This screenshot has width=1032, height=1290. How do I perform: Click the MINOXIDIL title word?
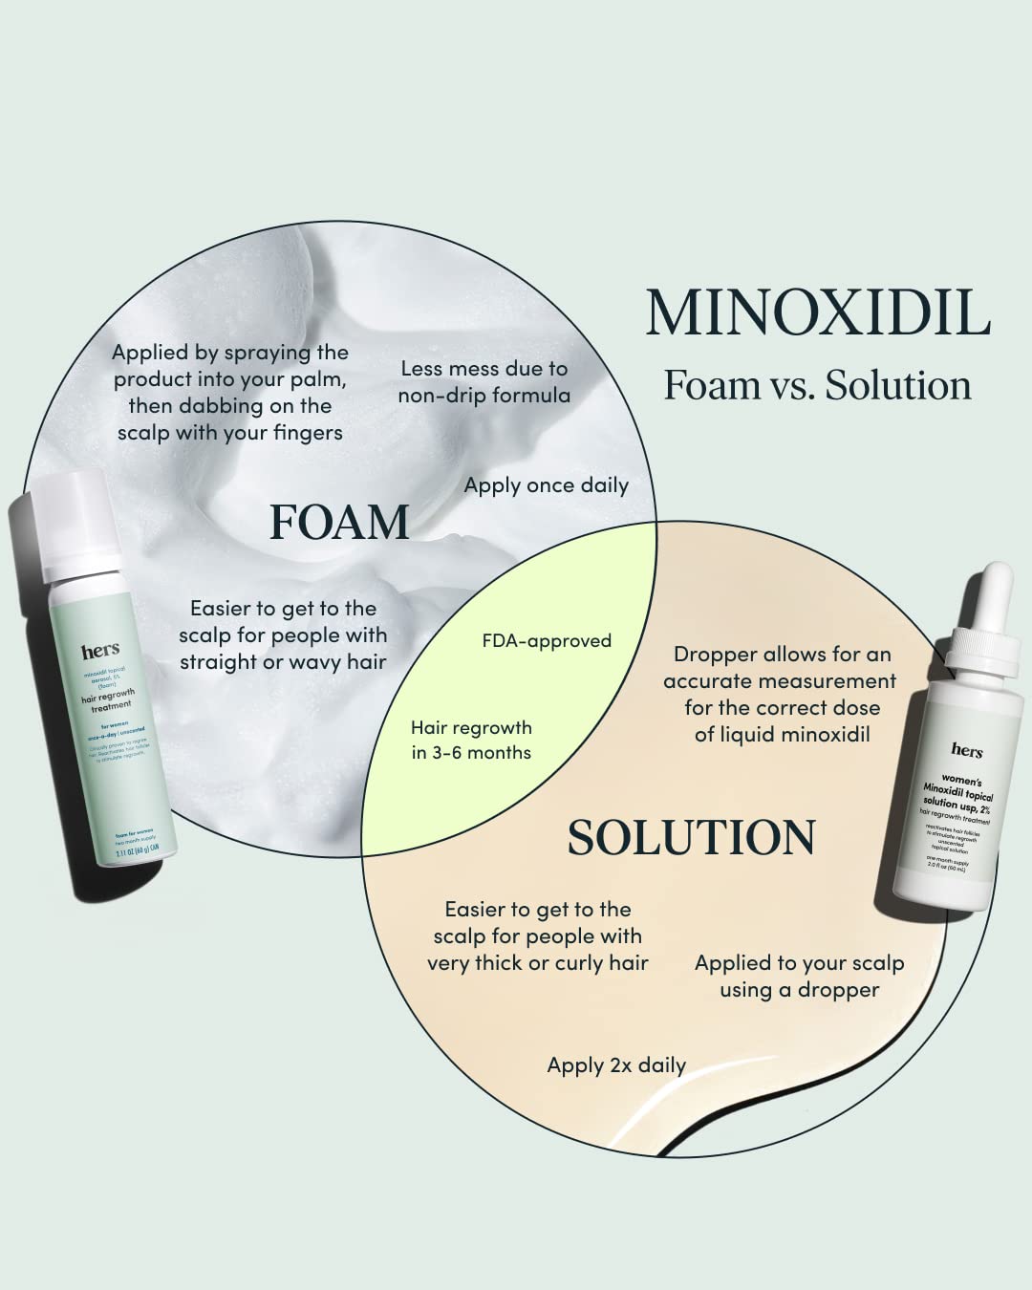[817, 313]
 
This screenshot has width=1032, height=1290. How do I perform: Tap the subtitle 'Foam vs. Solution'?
[817, 385]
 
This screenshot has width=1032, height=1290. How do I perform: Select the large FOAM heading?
[339, 523]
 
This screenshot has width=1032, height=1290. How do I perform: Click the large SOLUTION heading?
[691, 838]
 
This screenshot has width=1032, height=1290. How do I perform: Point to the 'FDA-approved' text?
[547, 641]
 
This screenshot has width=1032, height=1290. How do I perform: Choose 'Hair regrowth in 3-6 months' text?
[471, 741]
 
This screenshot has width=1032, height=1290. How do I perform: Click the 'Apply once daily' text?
[546, 485]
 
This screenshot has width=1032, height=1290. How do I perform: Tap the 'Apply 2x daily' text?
[616, 1065]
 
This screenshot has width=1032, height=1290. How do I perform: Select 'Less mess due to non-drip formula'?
[484, 382]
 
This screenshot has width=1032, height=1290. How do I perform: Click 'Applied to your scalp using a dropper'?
[799, 977]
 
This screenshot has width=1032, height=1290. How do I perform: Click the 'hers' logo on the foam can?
[100, 652]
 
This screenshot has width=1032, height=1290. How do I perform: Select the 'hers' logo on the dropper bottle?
[967, 751]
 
